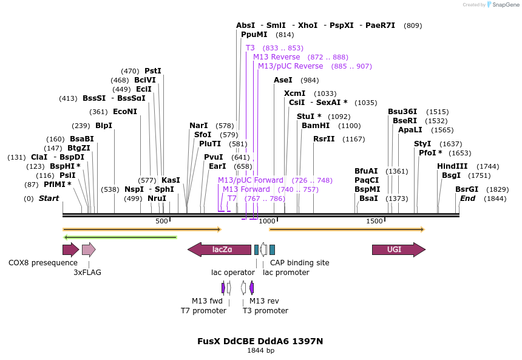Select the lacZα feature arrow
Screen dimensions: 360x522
point(220,250)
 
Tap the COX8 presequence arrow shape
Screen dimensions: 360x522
point(70,250)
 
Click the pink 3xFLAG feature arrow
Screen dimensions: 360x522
point(89,250)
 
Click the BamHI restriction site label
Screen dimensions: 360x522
point(316,126)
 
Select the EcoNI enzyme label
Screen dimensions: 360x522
point(125,112)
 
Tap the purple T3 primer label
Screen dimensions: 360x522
point(251,48)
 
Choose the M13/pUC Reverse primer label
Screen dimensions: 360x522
point(290,66)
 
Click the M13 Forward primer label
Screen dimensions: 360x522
point(246,189)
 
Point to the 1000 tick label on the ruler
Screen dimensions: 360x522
point(267,222)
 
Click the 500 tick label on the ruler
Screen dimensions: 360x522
point(161,222)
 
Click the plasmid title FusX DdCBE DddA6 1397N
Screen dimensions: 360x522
point(260,341)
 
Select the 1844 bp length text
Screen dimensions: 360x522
point(260,350)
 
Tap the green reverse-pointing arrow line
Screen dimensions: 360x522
point(120,237)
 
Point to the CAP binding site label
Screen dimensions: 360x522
point(299,263)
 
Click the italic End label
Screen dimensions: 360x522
point(467,199)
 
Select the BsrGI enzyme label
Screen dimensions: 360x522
point(467,189)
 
